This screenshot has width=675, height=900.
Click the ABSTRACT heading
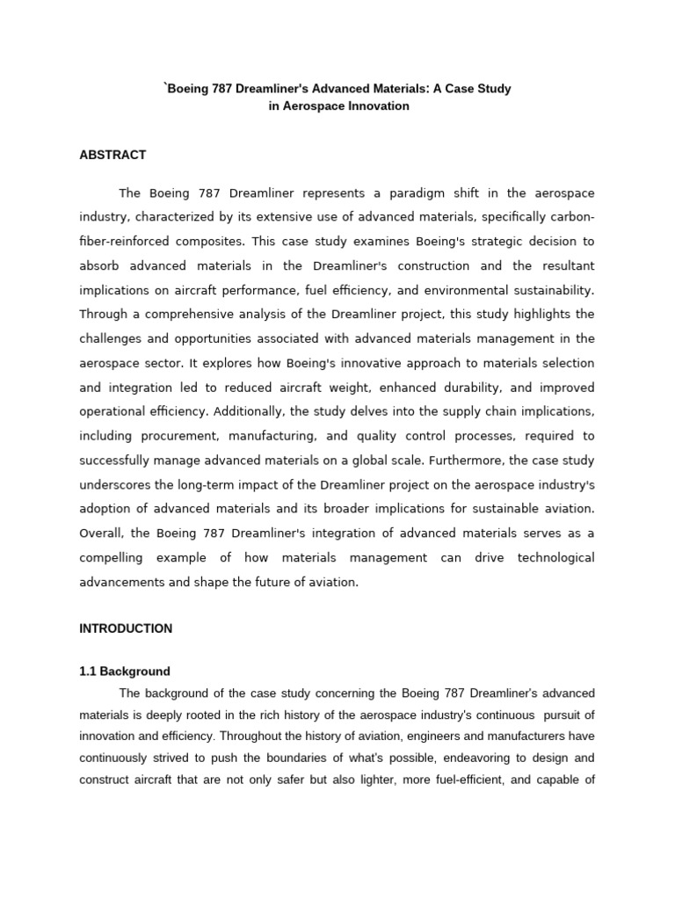click(x=112, y=155)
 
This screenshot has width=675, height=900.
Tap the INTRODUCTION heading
click(x=126, y=628)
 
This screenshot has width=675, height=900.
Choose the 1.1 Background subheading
click(x=125, y=671)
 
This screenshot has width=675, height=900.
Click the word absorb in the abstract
click(x=99, y=265)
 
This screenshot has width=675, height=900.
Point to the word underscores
click(x=115, y=484)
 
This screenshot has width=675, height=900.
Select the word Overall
click(x=100, y=533)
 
